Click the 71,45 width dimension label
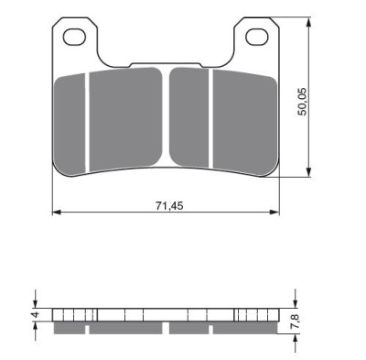coord(169,206)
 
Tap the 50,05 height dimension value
coord(302,102)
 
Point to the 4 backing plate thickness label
coord(36,314)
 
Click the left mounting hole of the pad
coord(74,37)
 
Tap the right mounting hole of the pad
coord(257,38)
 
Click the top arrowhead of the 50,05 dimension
coord(309,21)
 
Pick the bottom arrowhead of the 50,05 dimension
coord(309,172)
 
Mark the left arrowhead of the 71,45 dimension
coord(57,212)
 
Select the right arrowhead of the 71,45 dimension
coord(275,212)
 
